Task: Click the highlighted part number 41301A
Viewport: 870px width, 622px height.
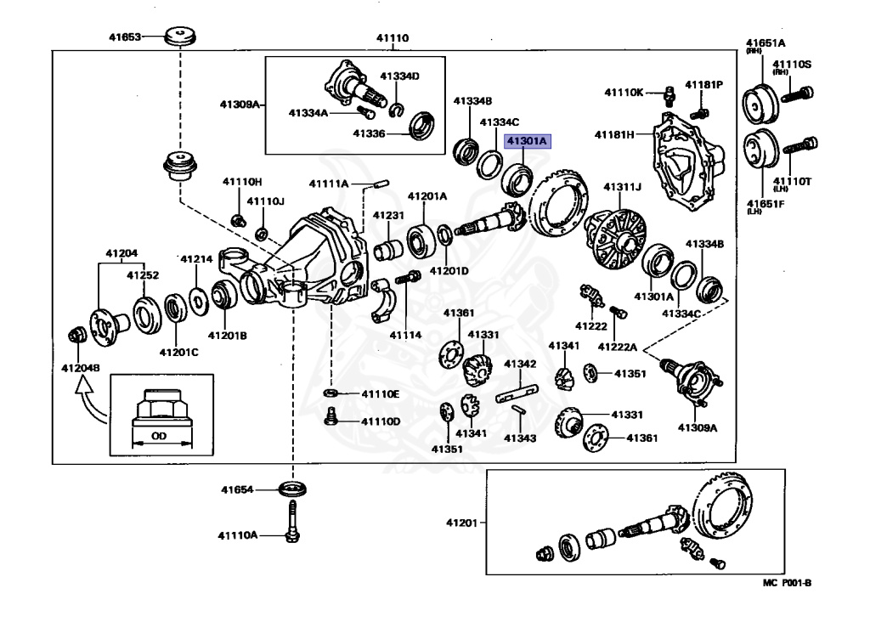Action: [x=528, y=141]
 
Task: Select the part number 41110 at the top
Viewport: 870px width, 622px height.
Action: [x=393, y=38]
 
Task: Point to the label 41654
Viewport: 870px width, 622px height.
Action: [x=238, y=489]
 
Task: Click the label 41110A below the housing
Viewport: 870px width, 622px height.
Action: [x=237, y=535]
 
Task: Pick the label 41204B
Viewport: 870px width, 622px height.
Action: [x=80, y=368]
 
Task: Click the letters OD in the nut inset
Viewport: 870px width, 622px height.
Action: [x=159, y=437]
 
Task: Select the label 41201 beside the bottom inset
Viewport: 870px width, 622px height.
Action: [x=462, y=523]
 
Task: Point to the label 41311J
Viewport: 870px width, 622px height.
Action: [x=622, y=187]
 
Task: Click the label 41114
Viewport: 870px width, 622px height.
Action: [x=405, y=335]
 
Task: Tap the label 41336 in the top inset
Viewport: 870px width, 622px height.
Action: [x=370, y=133]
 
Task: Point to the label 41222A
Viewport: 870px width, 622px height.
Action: [x=618, y=347]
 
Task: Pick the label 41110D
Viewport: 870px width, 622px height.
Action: [x=380, y=421]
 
